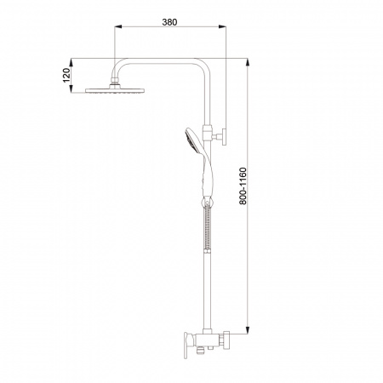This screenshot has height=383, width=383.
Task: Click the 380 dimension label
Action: pos(169,22)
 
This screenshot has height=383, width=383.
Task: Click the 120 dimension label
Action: pos(66,75)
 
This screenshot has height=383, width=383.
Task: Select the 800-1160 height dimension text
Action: pos(243,186)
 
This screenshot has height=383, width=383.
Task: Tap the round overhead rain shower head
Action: pos(115,90)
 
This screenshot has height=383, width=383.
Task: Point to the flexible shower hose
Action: pos(208,227)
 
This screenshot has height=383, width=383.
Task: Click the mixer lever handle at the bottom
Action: pos(187,346)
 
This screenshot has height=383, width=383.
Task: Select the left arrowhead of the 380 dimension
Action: pos(118,26)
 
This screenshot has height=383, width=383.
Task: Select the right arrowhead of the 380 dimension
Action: pos(222,26)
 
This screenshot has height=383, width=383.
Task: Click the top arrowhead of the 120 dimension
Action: pos(71,62)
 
